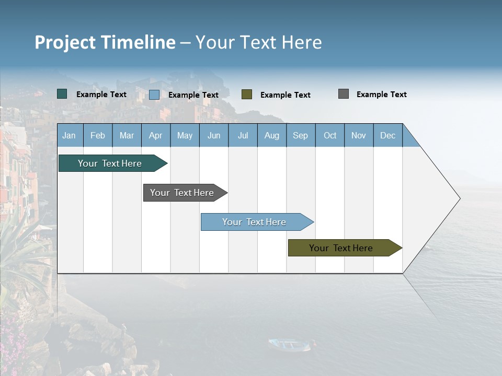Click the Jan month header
tap(69, 135)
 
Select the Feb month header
tap(98, 135)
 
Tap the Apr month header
tap(156, 135)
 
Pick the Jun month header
tap(214, 135)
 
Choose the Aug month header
tap(272, 135)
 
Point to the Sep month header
tap(301, 135)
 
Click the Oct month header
tap(330, 135)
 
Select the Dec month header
tap(388, 135)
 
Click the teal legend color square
tap(62, 94)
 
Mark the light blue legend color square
tap(154, 95)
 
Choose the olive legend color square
tap(247, 94)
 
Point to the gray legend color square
tap(344, 94)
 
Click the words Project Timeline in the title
tap(105, 42)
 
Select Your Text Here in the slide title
tap(258, 42)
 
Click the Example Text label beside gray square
tap(381, 95)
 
